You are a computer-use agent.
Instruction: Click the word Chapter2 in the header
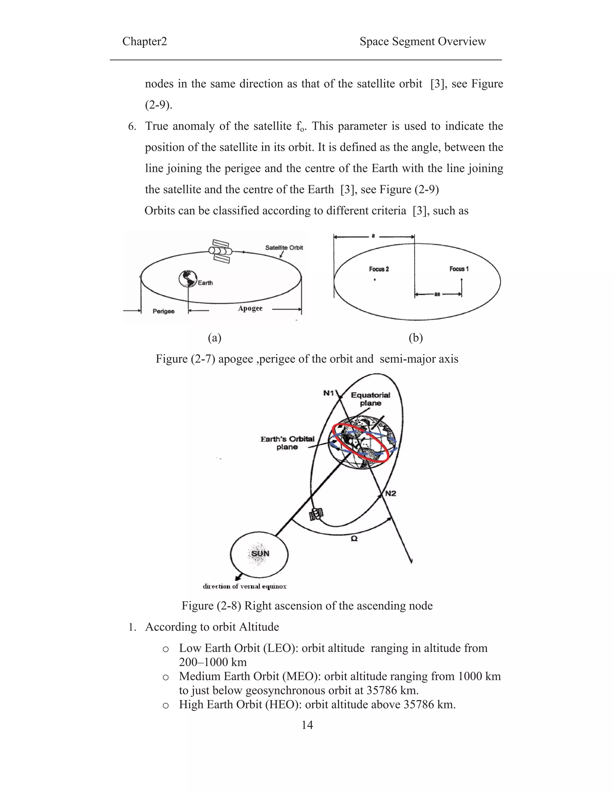[145, 41]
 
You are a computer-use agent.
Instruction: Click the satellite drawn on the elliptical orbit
[220, 251]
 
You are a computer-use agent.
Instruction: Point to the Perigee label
[163, 311]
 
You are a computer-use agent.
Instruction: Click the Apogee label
[250, 308]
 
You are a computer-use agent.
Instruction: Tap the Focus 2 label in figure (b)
[379, 269]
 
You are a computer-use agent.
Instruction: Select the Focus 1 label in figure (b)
[459, 269]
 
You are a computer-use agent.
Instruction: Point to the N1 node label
[329, 393]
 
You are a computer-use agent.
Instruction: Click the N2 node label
[390, 493]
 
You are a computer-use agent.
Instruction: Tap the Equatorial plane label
[370, 399]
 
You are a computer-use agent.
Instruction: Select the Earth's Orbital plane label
[287, 443]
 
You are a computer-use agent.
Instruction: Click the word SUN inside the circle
[260, 553]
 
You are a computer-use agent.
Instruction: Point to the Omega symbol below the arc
[354, 538]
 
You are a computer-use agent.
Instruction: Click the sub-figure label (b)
[416, 338]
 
